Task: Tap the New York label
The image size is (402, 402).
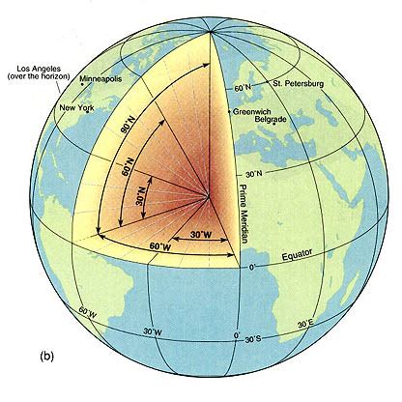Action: pyautogui.click(x=81, y=107)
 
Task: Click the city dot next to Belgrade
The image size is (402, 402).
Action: pyautogui.click(x=273, y=123)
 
